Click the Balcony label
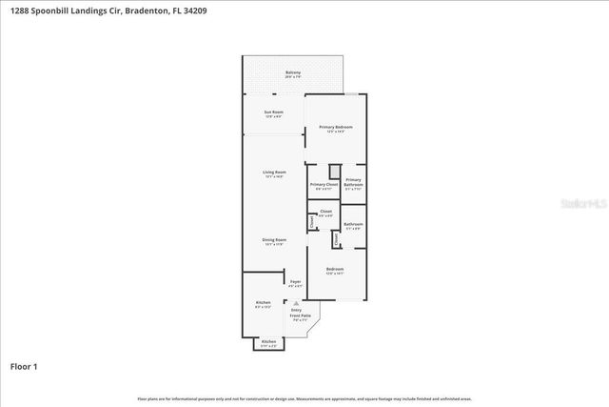point(293,73)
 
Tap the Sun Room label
point(274,113)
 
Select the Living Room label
point(274,173)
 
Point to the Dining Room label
point(274,241)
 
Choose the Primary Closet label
point(324,186)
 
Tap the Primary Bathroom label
point(353,183)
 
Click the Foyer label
point(295,283)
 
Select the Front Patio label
point(301,316)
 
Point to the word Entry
point(296,311)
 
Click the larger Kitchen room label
point(263,305)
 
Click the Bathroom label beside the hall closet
point(353,226)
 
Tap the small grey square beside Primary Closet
point(334,172)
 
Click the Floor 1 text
point(24,366)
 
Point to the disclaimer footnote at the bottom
point(304,398)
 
